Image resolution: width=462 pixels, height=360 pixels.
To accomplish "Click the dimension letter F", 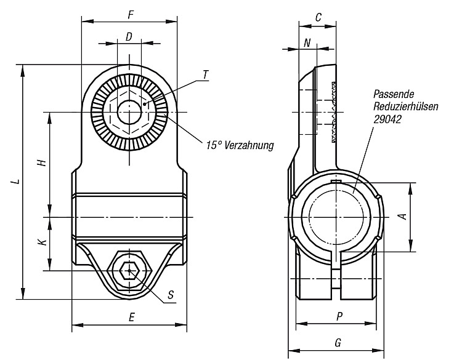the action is (x=131, y=15).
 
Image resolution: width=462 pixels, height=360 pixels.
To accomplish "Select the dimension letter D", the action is (x=129, y=37).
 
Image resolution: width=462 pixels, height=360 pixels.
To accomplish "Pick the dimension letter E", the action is (x=131, y=317).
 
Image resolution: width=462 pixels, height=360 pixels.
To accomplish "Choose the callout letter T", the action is (x=205, y=74).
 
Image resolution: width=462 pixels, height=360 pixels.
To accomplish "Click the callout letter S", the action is (x=171, y=294).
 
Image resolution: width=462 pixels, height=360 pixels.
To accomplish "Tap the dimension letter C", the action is (x=318, y=18).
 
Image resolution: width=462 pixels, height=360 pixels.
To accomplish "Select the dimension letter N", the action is (x=307, y=43).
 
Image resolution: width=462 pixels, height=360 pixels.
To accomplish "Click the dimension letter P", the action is (x=339, y=317).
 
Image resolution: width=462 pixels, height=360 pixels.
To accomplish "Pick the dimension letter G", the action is (x=338, y=343).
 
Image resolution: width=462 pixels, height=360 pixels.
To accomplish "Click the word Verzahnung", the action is (x=249, y=145).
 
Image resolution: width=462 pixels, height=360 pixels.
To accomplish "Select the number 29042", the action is (x=387, y=119).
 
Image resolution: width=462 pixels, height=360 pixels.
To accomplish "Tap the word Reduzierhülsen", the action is (x=406, y=106).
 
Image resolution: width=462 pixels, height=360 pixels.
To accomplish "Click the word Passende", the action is (x=394, y=94).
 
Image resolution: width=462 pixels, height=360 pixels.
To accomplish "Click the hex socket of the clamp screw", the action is (x=129, y=271).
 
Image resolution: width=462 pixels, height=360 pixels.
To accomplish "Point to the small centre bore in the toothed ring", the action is (x=129, y=112).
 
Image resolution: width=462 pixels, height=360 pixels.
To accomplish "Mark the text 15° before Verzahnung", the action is (x=214, y=145).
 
